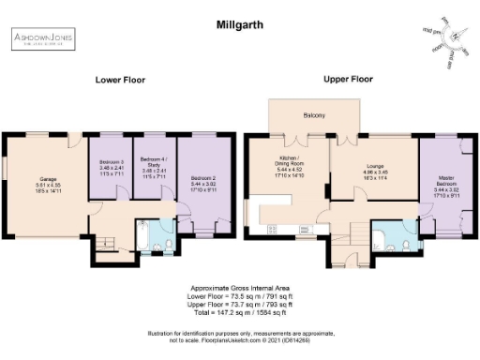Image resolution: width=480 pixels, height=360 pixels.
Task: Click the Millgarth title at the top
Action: [238, 20]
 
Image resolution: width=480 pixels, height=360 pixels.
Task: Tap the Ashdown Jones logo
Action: [42, 38]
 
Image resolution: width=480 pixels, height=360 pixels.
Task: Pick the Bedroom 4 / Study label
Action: [153, 168]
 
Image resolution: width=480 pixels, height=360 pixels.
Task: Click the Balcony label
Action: [314, 116]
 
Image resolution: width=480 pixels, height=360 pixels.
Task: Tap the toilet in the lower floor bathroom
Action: [169, 225]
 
